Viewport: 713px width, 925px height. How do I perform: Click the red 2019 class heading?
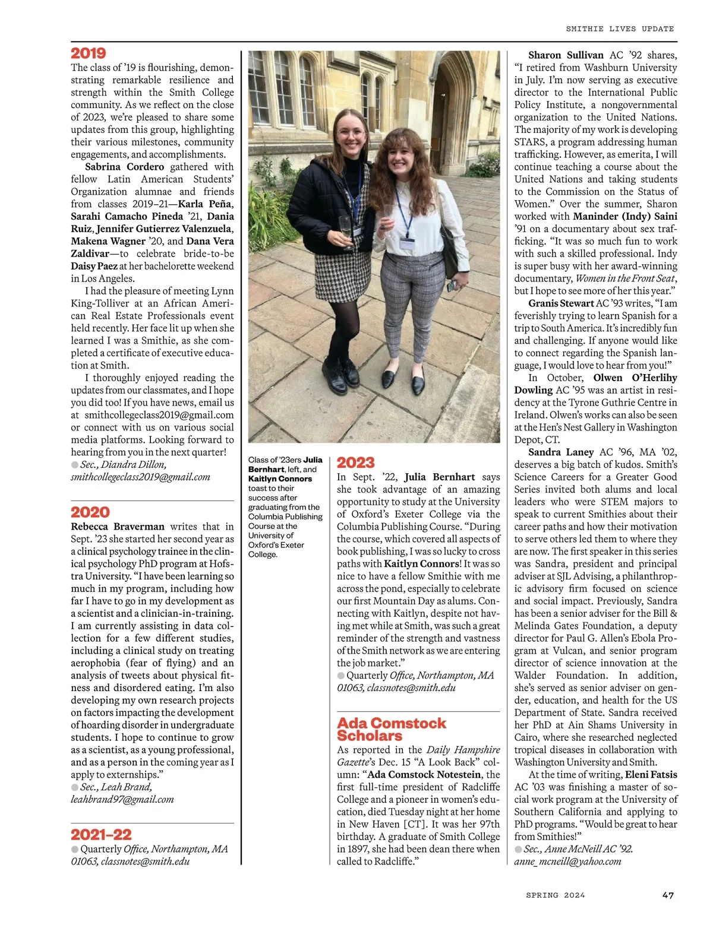[x=89, y=53]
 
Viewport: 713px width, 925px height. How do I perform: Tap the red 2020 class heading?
[x=90, y=512]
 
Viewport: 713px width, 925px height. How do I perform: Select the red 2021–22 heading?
[x=101, y=834]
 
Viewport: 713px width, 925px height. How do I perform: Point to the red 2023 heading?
[x=355, y=462]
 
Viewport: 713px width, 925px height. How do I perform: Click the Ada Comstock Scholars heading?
[x=391, y=729]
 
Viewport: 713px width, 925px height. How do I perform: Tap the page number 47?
[x=668, y=895]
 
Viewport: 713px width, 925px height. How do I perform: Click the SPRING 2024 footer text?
[x=555, y=895]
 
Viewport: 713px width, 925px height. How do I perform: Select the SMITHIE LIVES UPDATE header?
[x=620, y=28]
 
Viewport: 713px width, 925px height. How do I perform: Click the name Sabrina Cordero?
[x=124, y=167]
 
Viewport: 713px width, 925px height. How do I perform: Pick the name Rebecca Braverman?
[x=117, y=527]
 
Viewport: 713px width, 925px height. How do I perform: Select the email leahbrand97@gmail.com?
[x=122, y=799]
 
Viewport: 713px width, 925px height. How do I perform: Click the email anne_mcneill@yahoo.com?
[x=567, y=861]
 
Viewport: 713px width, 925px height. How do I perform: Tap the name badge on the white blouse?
[x=407, y=242]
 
